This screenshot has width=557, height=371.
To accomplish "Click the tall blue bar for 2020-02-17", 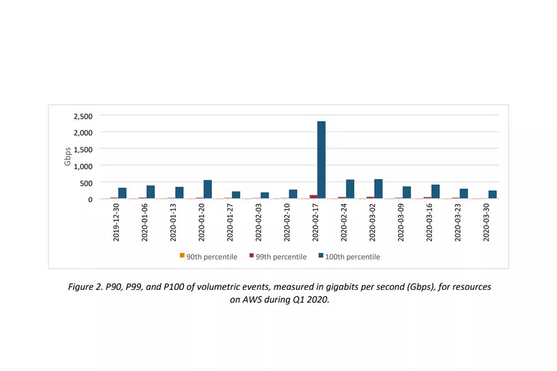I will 321,160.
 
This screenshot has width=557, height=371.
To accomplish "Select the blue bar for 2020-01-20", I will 208,189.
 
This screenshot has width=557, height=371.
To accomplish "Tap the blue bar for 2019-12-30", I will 122,193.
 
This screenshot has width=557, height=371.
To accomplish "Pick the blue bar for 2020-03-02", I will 378,189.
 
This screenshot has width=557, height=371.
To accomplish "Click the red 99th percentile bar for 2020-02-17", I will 313,197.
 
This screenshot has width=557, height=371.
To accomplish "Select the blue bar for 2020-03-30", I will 492,195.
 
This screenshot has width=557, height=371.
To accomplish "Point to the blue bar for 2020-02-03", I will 265,195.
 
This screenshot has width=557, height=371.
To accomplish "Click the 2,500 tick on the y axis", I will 82,116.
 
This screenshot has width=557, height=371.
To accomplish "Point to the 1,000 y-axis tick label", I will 82,166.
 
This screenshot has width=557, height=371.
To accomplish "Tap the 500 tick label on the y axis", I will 86,183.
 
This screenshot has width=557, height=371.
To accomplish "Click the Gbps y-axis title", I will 68,157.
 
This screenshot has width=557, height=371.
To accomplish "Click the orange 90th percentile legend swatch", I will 182,256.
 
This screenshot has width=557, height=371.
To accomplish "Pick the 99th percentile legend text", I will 281,257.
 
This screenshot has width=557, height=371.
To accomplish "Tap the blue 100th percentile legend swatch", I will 321,256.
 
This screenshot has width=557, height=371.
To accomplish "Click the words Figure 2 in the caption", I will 85,287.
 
